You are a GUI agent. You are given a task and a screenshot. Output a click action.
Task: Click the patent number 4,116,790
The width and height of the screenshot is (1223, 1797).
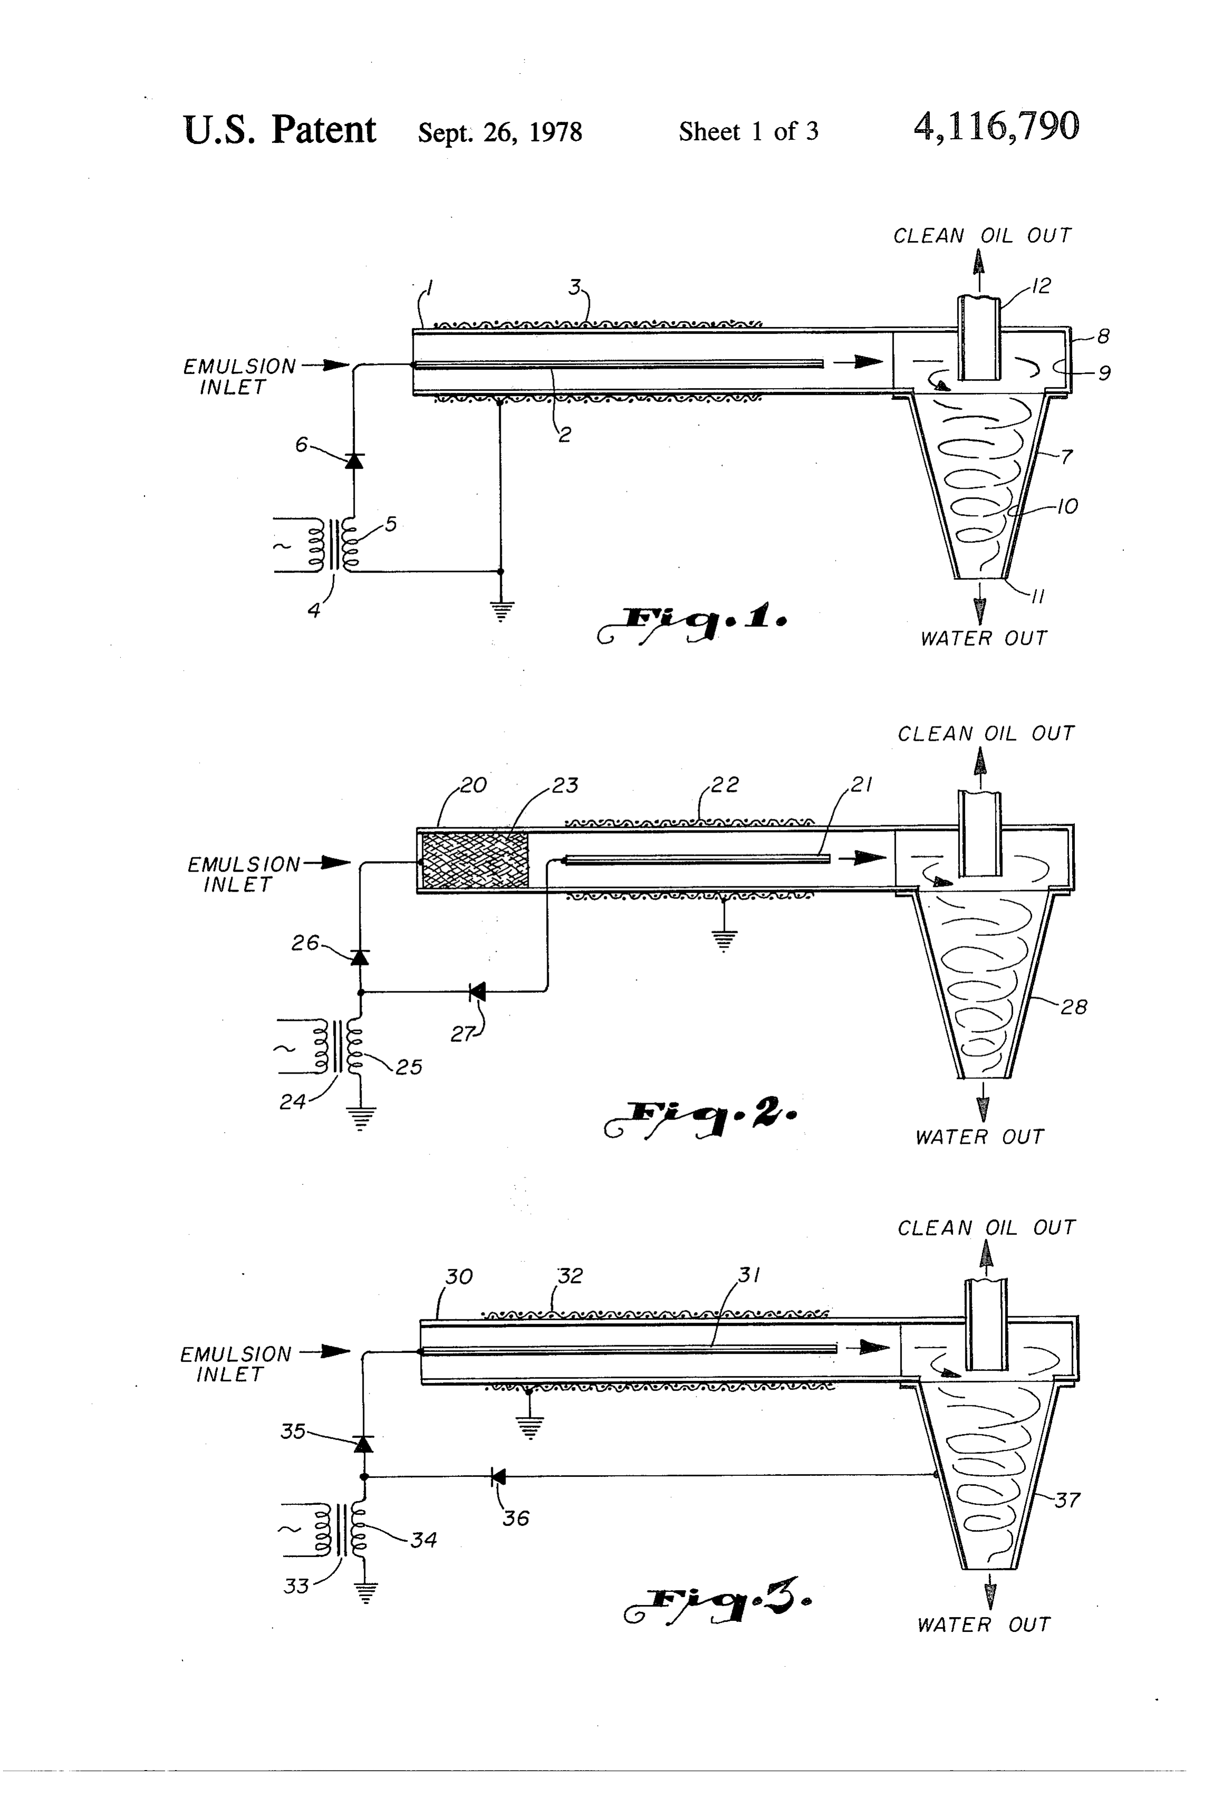pyautogui.click(x=996, y=127)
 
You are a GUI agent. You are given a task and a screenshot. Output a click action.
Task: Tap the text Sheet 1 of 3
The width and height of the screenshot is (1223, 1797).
pyautogui.click(x=749, y=131)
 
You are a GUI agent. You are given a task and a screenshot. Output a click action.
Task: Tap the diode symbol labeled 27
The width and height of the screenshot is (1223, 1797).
pyautogui.click(x=478, y=991)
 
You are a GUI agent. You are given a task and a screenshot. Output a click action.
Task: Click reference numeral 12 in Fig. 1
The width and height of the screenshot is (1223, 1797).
pyautogui.click(x=1041, y=286)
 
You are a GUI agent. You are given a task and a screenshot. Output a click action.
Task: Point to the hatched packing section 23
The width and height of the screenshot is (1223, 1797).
pyautogui.click(x=473, y=860)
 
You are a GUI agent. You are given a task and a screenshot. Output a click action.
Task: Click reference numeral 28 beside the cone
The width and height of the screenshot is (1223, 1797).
pyautogui.click(x=1074, y=1007)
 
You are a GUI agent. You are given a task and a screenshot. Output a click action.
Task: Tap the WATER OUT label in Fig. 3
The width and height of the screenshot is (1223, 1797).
pyautogui.click(x=983, y=1624)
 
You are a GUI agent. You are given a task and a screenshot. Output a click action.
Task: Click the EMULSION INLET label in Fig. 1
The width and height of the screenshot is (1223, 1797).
pyautogui.click(x=239, y=376)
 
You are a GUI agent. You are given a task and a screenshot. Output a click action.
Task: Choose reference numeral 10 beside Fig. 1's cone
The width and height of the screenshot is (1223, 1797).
pyautogui.click(x=1067, y=507)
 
